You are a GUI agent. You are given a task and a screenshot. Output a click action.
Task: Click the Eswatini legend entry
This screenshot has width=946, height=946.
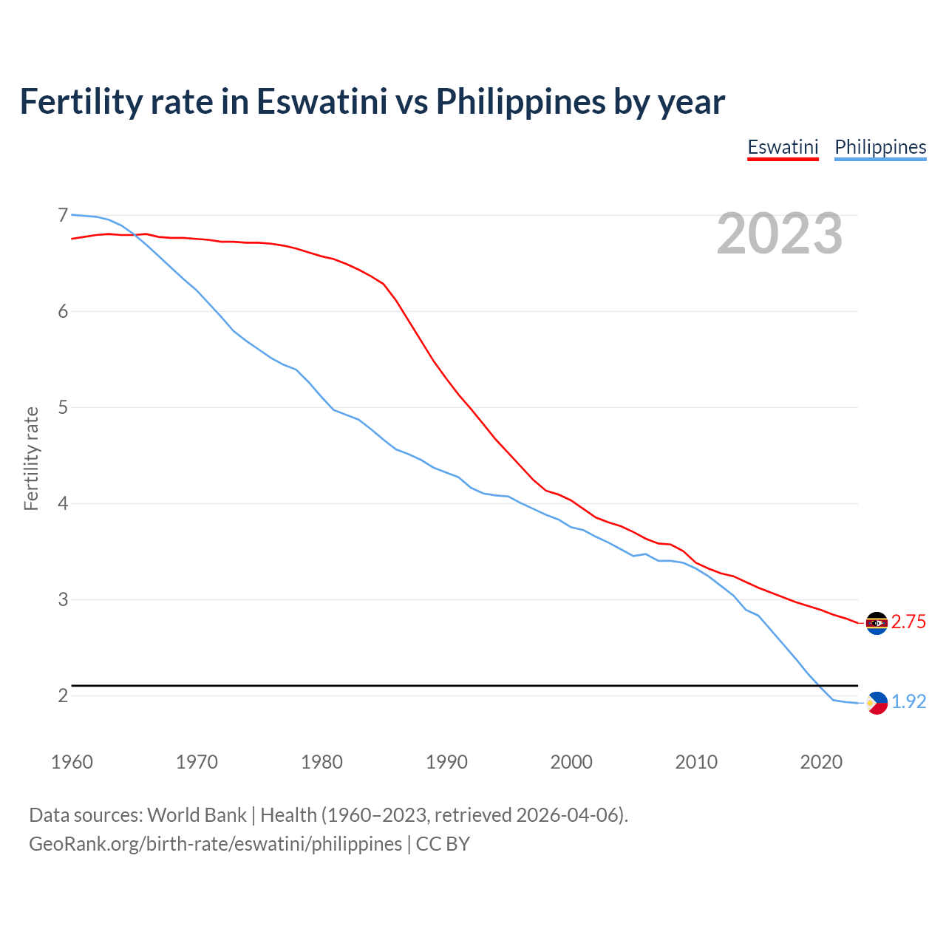783,147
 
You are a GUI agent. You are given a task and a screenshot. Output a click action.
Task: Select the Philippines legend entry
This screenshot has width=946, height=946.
880,147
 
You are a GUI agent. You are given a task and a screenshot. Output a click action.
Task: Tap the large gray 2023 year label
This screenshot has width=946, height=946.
780,234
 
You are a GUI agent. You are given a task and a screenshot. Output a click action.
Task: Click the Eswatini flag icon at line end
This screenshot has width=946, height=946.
877,623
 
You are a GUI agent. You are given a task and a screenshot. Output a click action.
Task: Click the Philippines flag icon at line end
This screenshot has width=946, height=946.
877,703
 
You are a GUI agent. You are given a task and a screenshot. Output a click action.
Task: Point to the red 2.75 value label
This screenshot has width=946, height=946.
908,622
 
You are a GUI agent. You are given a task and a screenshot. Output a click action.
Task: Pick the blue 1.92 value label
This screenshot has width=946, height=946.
908,702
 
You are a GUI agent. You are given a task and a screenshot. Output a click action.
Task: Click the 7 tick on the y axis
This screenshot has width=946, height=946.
63,215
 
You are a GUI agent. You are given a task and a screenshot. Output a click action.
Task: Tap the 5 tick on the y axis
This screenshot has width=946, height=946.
63,407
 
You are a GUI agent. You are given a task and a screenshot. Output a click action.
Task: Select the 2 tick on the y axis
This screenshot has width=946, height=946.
63,695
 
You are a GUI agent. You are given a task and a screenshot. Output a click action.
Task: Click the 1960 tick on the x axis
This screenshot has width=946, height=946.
72,762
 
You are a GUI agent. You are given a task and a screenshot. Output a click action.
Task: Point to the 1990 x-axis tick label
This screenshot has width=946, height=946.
446,762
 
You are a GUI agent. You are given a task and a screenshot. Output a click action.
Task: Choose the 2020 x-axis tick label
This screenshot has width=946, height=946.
821,762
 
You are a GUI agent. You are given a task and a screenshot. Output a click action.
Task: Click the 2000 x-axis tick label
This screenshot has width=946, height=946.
571,762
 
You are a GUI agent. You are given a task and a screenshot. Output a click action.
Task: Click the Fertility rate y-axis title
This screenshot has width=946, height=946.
31,458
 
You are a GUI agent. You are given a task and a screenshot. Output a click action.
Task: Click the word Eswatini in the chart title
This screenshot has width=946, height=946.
321,102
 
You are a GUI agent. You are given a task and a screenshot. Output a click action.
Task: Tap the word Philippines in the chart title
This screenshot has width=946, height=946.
520,102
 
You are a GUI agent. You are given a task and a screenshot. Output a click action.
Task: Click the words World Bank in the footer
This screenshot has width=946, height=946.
197,815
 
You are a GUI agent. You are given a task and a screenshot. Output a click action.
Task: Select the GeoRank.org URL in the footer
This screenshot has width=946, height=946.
215,844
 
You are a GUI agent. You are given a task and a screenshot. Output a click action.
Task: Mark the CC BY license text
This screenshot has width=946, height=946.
443,844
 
